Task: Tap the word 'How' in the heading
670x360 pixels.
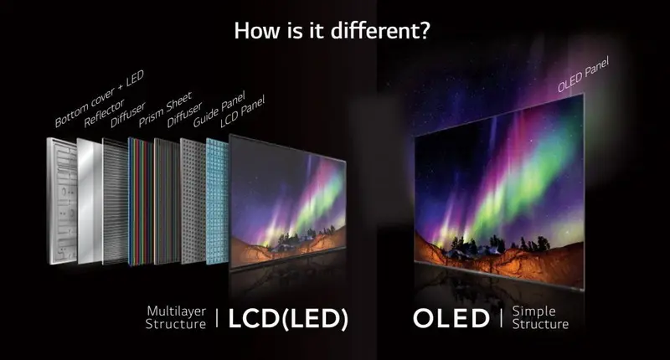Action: pos(255,31)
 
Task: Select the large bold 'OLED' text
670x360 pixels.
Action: pos(451,318)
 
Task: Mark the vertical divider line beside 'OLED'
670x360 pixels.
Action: pos(501,318)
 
